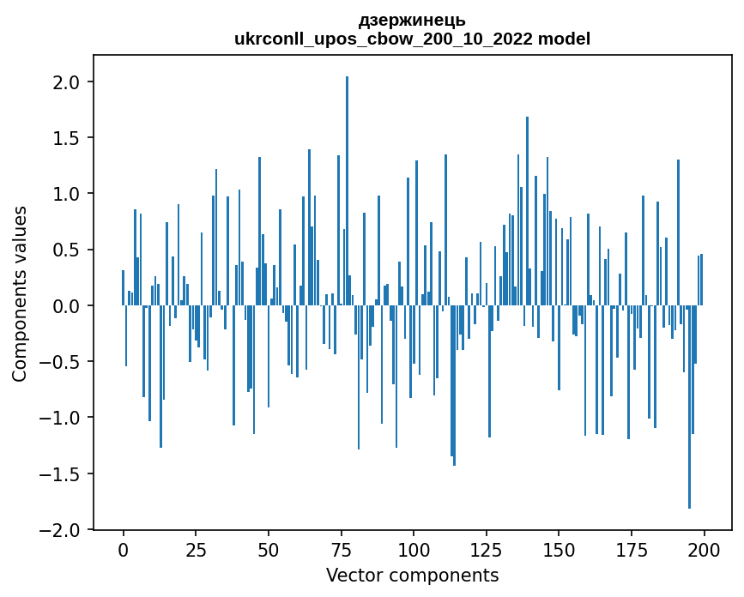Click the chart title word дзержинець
(x=412, y=21)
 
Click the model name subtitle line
(x=412, y=39)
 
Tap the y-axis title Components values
(x=20, y=293)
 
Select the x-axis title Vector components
(x=412, y=575)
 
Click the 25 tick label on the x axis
(x=196, y=548)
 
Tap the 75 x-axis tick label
(x=341, y=548)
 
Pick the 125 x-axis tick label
(x=486, y=548)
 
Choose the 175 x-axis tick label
(x=631, y=548)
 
